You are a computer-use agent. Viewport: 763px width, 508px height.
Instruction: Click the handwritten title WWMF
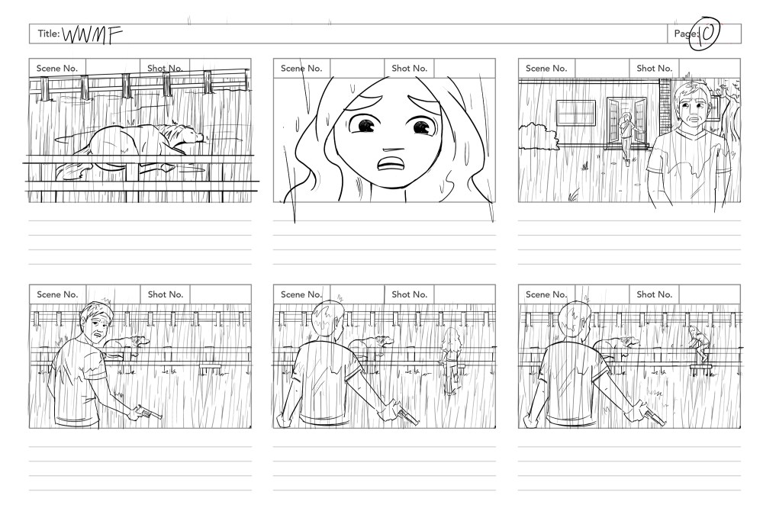[92, 35]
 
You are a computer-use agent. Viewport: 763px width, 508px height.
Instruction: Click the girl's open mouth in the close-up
[390, 165]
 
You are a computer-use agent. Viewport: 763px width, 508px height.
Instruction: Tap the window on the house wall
[575, 114]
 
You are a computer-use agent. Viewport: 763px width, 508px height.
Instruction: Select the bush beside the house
[538, 136]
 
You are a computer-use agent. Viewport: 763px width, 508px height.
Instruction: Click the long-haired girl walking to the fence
[451, 361]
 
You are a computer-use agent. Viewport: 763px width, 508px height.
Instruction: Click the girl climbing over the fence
[699, 343]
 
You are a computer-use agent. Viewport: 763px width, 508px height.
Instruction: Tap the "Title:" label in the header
[49, 34]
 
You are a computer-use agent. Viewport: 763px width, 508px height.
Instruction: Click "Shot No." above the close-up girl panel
[409, 69]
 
